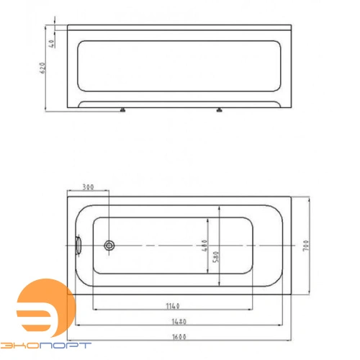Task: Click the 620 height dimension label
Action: [42, 68]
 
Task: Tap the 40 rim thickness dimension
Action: [52, 43]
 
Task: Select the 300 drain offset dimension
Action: [88, 187]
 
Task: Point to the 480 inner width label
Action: [204, 246]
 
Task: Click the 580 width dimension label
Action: [216, 256]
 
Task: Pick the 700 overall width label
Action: [306, 246]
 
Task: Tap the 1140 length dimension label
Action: [173, 306]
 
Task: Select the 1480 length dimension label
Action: [179, 321]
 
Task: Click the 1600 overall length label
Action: [179, 337]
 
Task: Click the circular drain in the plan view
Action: [109, 246]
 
